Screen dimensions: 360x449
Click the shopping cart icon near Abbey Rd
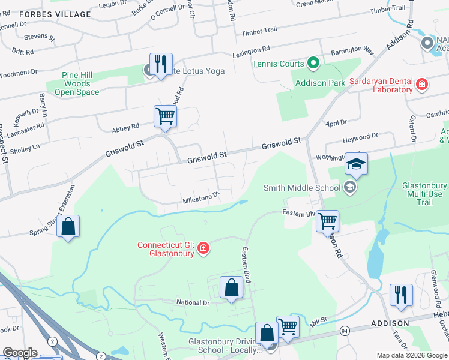(165, 116)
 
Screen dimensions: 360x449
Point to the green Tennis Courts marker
(312, 63)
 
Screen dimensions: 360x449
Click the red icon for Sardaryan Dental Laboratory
(422, 85)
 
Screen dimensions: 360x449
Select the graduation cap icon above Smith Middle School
(356, 163)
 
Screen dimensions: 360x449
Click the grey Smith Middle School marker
(349, 188)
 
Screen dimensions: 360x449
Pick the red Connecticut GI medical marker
(203, 248)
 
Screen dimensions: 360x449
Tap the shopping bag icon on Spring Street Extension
(68, 226)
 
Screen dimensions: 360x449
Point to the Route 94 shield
(345, 331)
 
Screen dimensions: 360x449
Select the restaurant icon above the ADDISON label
(400, 294)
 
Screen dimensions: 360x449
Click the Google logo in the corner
(20, 353)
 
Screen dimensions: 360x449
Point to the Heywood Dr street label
(360, 139)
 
